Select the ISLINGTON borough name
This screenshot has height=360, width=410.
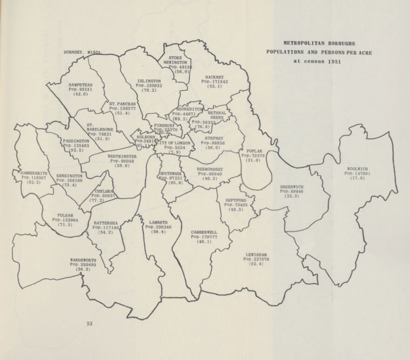pyautogui.click(x=150, y=81)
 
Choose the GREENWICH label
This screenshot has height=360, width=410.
pyautogui.click(x=293, y=186)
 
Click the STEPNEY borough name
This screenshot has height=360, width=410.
pyautogui.click(x=212, y=137)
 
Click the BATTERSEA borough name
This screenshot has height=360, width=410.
pyautogui.click(x=107, y=223)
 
